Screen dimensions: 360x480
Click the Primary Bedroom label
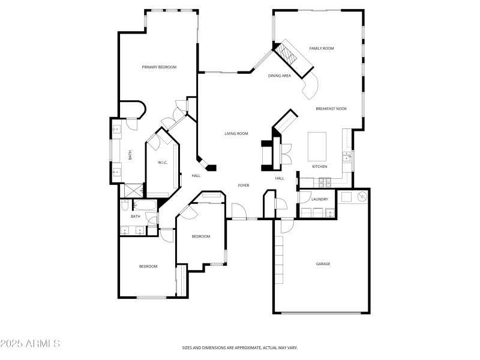click(159, 67)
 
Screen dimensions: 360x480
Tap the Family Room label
click(321, 48)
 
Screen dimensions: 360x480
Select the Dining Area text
click(279, 76)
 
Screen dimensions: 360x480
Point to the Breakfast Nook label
click(331, 109)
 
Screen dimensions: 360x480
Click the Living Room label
click(236, 134)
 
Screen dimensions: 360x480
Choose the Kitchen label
click(319, 166)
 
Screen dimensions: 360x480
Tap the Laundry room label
click(319, 199)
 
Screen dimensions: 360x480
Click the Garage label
click(323, 264)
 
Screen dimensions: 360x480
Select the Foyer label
click(243, 185)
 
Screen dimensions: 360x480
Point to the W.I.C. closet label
click(162, 163)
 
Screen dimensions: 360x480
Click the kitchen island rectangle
click(317, 145)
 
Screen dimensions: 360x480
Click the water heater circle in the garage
click(362, 196)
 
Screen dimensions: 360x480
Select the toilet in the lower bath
click(123, 207)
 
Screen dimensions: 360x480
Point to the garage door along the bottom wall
click(322, 313)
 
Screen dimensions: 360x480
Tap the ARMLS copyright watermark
click(30, 344)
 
